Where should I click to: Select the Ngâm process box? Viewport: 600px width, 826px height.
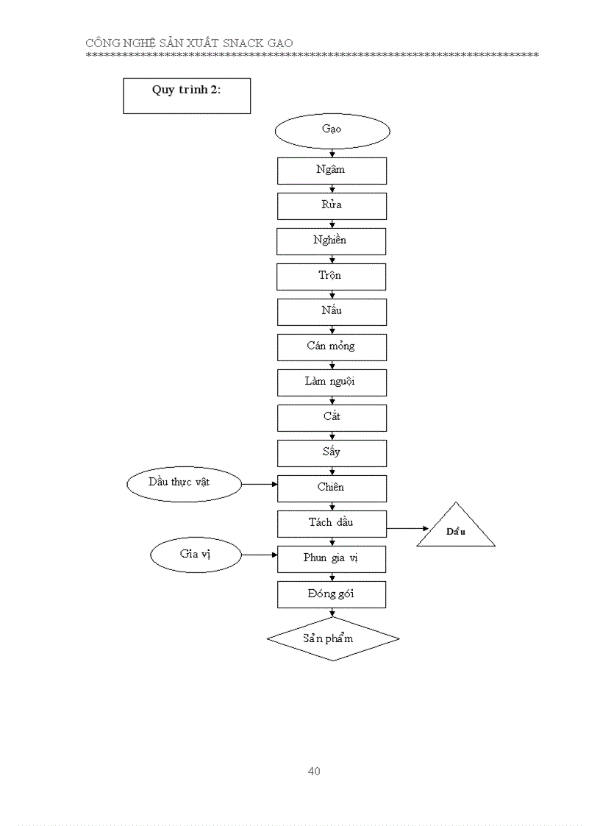click(x=332, y=171)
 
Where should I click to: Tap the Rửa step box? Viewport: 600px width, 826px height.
click(x=332, y=206)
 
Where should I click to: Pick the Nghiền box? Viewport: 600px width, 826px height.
click(x=331, y=241)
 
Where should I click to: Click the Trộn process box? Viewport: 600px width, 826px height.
click(x=331, y=277)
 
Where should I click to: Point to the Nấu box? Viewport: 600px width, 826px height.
click(x=332, y=312)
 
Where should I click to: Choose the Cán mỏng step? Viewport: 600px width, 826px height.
click(x=332, y=347)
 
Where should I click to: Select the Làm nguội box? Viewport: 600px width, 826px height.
click(x=332, y=382)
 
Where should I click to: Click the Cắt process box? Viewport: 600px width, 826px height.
click(x=332, y=418)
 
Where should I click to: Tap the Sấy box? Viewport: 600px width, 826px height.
click(x=332, y=453)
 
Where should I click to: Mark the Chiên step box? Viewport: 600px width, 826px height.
click(x=332, y=488)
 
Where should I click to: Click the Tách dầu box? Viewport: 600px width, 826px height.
click(x=332, y=524)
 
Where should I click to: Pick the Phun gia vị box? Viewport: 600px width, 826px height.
click(x=332, y=559)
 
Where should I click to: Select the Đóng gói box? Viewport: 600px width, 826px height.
click(x=331, y=594)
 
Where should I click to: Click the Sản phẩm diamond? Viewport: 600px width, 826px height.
click(x=332, y=638)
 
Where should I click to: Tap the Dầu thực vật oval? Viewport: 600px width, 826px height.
click(x=184, y=483)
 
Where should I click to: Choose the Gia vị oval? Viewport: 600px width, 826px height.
click(x=196, y=555)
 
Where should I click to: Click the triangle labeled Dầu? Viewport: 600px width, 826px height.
click(x=456, y=532)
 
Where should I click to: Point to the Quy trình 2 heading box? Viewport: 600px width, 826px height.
click(x=187, y=96)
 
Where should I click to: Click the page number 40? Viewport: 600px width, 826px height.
click(x=314, y=772)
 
